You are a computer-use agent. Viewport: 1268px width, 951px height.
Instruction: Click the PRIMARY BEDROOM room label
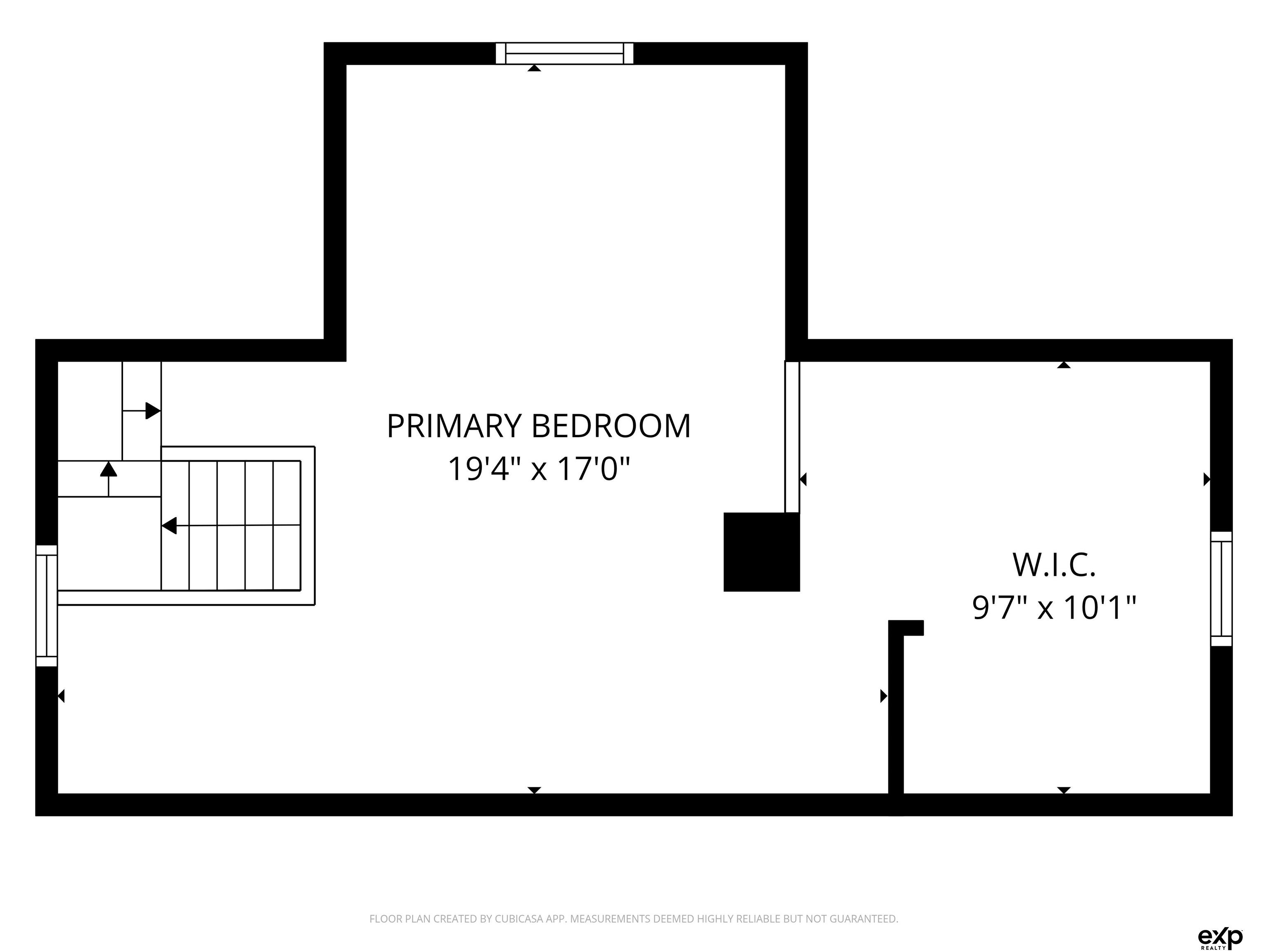[539, 426]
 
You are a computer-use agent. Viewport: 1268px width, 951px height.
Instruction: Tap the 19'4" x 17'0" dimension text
[539, 469]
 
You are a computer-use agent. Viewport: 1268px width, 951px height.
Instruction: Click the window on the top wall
[565, 53]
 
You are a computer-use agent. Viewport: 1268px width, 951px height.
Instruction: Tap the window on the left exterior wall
[46, 606]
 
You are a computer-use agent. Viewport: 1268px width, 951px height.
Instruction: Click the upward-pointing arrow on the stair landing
[108, 479]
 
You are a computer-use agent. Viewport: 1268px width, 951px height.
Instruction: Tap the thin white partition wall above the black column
[792, 437]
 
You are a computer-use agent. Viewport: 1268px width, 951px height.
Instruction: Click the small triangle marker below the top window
[534, 68]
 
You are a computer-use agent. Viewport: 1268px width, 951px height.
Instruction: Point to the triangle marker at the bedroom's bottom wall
[534, 790]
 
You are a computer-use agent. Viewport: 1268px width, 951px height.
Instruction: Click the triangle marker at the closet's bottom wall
[1064, 790]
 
